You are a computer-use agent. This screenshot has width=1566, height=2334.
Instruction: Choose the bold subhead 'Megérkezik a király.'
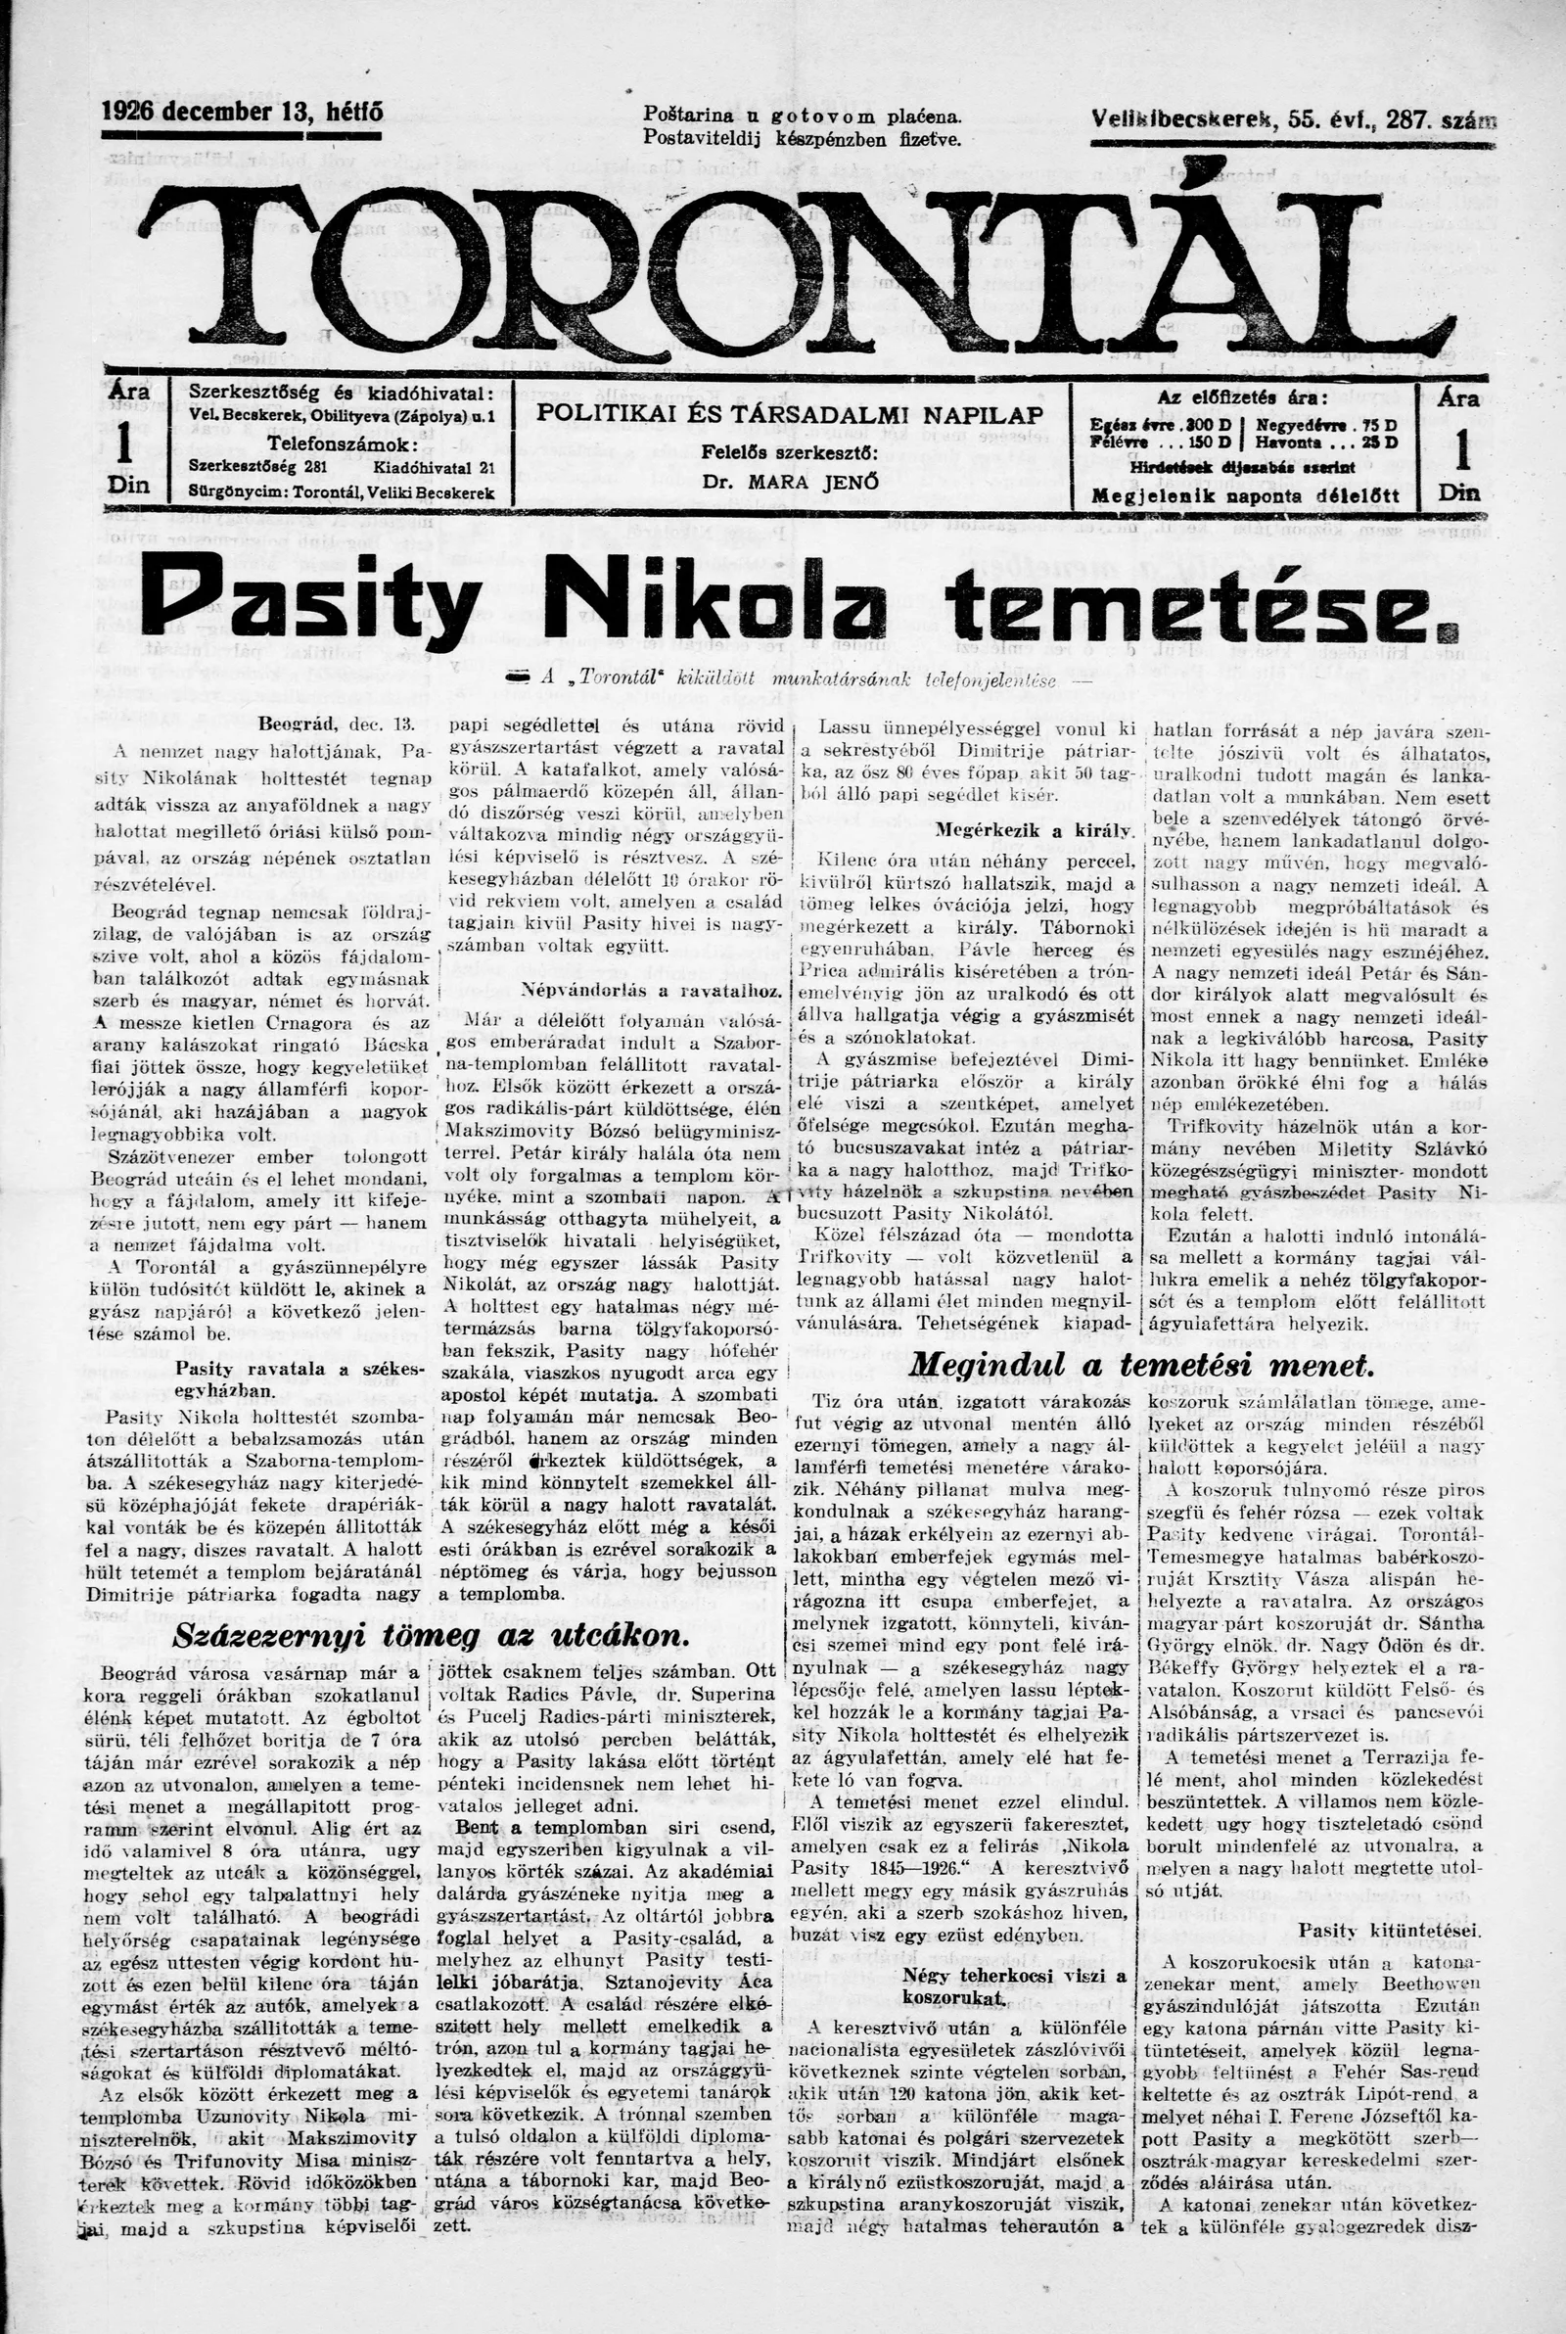pyautogui.click(x=1033, y=829)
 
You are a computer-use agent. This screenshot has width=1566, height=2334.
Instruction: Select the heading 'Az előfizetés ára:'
pyautogui.click(x=1243, y=397)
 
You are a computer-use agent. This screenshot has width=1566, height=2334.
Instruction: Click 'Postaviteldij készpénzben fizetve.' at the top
pyautogui.click(x=802, y=138)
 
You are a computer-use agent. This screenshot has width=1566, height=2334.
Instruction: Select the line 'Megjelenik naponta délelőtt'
pyautogui.click(x=1243, y=496)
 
